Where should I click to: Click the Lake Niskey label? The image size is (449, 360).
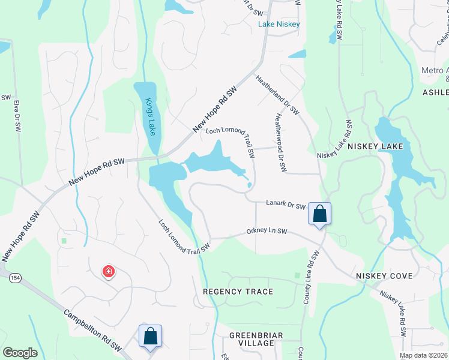[279, 25]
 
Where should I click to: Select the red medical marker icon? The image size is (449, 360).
[108, 272]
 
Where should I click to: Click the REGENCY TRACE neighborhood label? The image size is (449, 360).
[238, 292]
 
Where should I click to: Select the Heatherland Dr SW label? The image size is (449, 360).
[277, 95]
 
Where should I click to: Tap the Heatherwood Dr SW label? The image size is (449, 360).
[280, 144]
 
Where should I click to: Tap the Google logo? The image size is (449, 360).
[20, 353]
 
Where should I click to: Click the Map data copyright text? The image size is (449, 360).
[424, 355]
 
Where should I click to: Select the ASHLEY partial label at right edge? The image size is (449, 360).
[436, 92]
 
